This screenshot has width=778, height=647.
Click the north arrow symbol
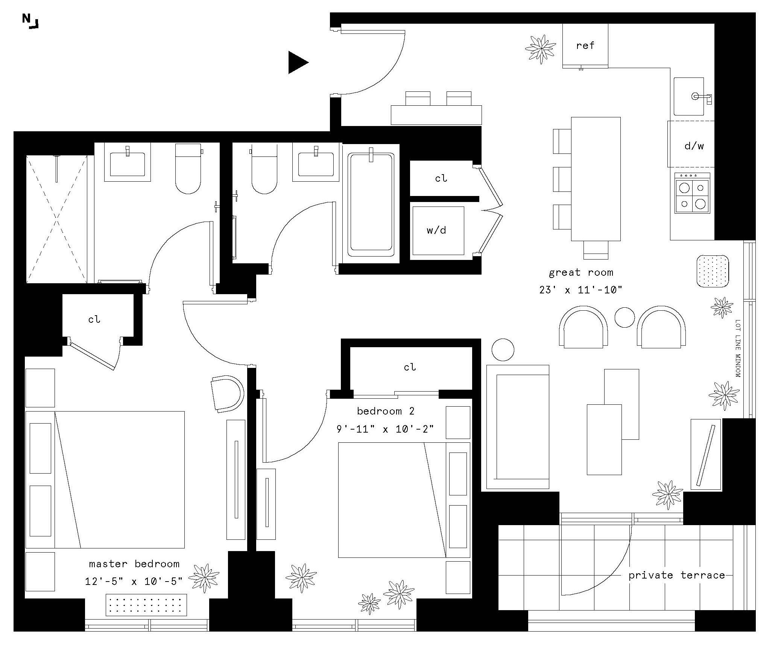click(x=30, y=21)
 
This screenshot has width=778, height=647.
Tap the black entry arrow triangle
click(x=297, y=62)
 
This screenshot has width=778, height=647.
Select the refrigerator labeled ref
click(x=585, y=46)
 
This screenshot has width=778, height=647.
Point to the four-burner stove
click(x=692, y=193)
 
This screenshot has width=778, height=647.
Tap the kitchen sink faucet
click(x=702, y=97)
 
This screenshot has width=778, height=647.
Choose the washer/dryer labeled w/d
click(x=437, y=231)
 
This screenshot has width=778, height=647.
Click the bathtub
click(x=371, y=204)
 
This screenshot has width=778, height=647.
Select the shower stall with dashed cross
click(x=56, y=219)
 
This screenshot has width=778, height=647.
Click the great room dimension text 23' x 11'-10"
click(x=581, y=290)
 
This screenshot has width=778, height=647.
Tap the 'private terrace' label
click(x=676, y=575)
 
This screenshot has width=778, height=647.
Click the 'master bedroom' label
click(x=134, y=564)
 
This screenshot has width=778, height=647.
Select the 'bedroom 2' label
click(x=386, y=411)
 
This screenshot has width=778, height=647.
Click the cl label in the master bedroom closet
click(x=94, y=319)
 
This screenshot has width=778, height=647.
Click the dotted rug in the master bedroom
click(x=146, y=605)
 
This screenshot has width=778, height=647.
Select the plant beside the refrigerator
click(x=541, y=49)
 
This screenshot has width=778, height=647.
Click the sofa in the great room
click(x=517, y=427)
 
